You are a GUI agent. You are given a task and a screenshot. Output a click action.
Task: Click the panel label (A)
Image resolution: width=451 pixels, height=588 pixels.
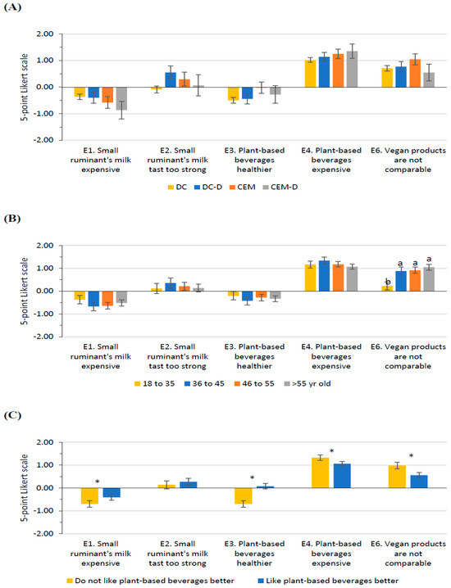(12, 7)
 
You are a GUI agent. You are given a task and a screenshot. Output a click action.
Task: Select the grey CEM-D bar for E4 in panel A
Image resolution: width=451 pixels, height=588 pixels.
(352, 70)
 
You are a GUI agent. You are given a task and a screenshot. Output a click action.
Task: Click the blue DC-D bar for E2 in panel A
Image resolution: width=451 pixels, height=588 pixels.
(171, 80)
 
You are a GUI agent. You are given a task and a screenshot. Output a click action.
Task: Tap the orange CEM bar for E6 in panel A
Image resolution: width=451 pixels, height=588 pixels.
(415, 73)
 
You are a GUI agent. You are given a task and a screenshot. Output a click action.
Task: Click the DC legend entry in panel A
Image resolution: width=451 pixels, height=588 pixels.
(177, 187)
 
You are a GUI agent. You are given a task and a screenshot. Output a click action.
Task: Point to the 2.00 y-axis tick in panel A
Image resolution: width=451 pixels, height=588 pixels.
(44, 34)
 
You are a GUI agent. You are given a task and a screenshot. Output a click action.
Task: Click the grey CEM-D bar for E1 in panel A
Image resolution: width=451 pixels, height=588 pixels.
(121, 98)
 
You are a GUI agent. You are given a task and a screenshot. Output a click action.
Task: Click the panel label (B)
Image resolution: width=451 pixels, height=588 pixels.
(12, 219)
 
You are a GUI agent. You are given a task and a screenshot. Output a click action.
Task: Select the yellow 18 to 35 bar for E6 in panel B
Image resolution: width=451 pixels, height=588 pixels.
(387, 288)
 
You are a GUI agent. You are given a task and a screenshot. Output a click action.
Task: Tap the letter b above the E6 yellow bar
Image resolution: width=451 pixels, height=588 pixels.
(388, 282)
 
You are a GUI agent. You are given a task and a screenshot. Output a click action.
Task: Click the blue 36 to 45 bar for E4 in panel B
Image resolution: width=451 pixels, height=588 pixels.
(325, 276)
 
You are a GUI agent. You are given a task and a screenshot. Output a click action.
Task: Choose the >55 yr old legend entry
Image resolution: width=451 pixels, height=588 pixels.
(307, 383)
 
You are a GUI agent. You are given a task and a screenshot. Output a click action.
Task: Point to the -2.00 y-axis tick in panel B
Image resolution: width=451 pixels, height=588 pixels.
(43, 337)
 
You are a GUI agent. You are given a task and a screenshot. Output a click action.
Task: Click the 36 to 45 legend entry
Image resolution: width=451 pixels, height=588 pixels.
(204, 383)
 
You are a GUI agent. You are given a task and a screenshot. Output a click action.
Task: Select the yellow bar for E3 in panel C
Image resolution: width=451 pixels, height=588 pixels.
(244, 495)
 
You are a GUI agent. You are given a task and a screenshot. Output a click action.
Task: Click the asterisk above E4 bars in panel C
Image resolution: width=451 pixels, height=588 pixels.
(332, 451)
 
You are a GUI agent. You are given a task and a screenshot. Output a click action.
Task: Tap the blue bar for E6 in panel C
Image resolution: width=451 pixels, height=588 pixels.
(419, 482)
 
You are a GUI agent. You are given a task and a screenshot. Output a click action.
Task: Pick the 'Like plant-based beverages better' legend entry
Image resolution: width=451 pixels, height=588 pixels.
(328, 581)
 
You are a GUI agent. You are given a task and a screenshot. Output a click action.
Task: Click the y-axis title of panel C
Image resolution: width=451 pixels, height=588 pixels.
(24, 488)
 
